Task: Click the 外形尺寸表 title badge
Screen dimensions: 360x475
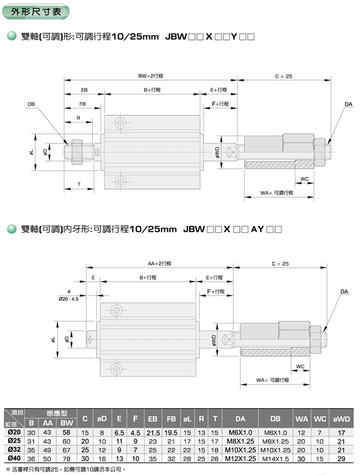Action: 36,12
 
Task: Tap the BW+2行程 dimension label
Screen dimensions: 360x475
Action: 150,76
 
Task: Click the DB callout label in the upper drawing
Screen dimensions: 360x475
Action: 31,104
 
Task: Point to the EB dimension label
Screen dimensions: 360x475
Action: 84,90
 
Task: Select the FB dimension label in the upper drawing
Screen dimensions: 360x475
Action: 82,104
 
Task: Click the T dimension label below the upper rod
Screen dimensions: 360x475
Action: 79,184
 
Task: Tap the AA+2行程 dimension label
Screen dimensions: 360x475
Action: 160,264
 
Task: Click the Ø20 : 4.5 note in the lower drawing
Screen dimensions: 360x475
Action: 69,299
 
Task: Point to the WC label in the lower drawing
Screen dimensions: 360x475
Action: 300,366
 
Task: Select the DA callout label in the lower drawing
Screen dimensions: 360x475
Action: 344,292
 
